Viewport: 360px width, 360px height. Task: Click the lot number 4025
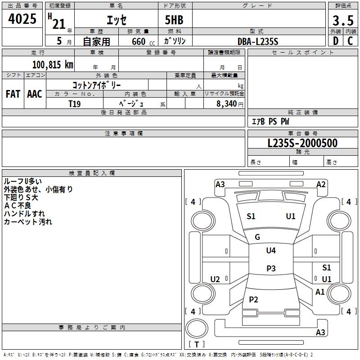[22, 19]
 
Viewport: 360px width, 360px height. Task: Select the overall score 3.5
[343, 20]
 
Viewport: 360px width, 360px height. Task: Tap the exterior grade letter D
[336, 41]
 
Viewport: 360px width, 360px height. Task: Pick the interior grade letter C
[350, 41]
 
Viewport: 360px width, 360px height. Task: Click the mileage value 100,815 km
[53, 64]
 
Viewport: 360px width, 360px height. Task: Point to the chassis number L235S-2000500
[302, 143]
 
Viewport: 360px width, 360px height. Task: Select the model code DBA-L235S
[258, 41]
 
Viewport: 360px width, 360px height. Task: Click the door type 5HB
[174, 20]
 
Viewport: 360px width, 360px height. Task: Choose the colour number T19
[74, 104]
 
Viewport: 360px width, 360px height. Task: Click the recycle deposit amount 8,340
[226, 104]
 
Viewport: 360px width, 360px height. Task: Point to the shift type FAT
[13, 94]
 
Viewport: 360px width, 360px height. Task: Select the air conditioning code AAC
[35, 94]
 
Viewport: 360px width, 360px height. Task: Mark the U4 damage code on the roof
[271, 250]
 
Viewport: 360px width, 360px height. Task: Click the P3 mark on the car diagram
[271, 268]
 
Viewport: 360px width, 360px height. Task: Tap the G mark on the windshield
[257, 237]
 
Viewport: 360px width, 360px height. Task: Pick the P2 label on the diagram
[253, 299]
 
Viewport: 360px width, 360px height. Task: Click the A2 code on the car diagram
[321, 184]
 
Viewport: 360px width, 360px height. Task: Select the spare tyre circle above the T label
[197, 328]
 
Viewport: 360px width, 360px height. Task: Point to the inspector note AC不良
[18, 206]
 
